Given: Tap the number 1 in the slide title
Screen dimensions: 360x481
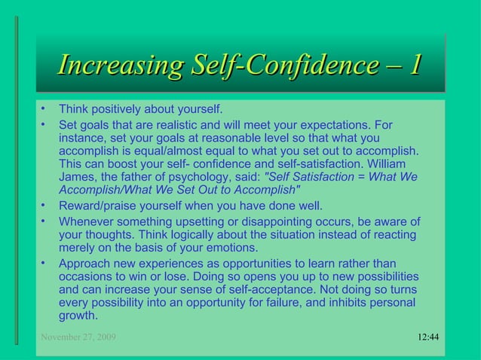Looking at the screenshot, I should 413,66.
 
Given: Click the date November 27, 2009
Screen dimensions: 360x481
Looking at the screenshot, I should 78,337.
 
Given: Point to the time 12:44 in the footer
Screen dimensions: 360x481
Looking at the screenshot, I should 428,337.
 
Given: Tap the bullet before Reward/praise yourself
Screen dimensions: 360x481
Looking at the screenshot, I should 44,205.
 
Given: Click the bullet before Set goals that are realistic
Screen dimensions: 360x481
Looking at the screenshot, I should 44,124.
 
